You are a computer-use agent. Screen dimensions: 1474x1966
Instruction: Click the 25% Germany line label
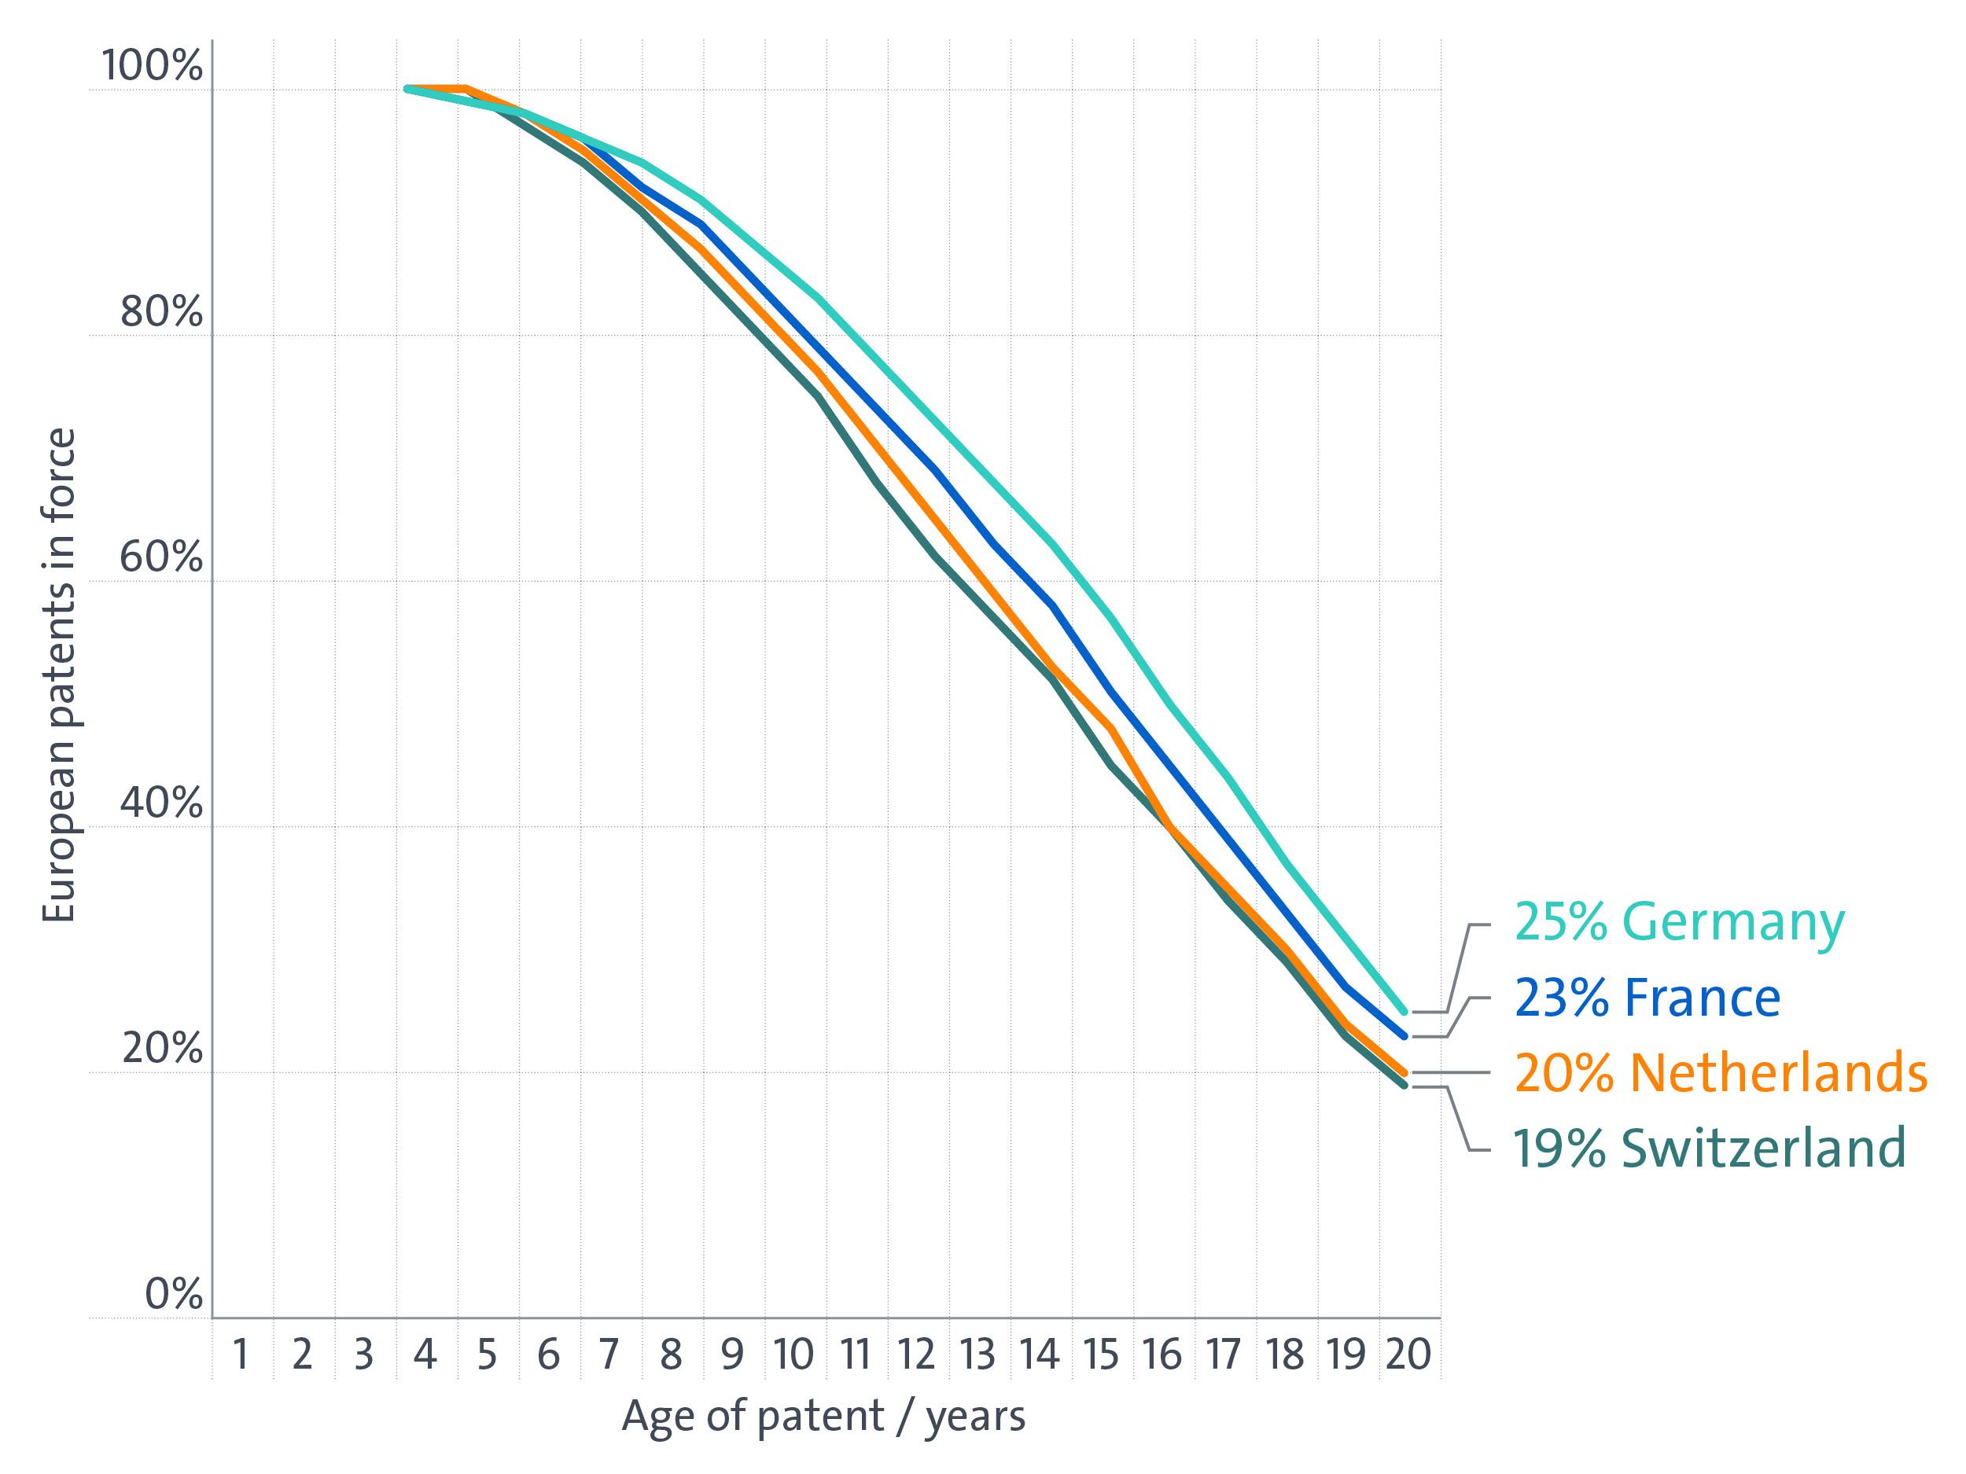tap(1680, 922)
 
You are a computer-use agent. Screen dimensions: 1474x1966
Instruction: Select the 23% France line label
tap(1647, 998)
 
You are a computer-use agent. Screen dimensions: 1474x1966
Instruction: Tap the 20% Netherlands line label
tap(1721, 1072)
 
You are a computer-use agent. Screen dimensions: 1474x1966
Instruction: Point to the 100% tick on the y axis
tap(152, 66)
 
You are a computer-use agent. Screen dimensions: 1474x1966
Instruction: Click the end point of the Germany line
tap(1405, 1011)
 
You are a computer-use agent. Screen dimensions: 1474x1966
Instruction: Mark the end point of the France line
tap(1405, 1036)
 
